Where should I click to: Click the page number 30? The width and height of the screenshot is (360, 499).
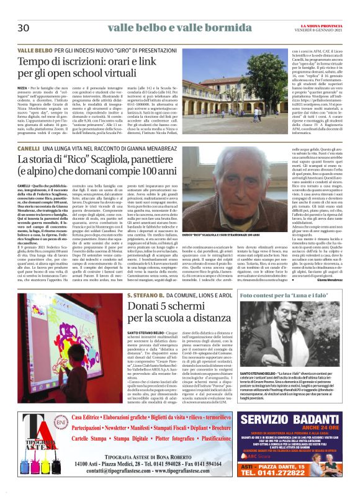point(24,28)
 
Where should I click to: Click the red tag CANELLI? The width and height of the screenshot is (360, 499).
point(29,150)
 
